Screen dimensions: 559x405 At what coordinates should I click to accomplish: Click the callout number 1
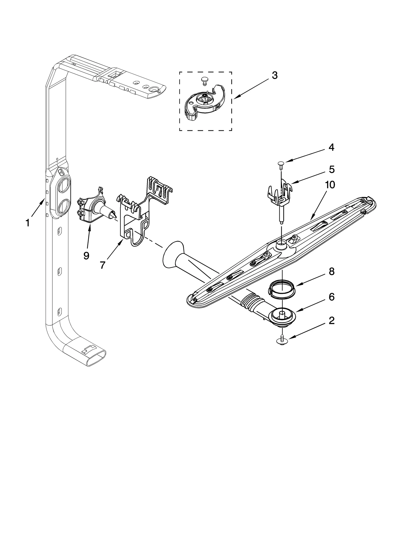(x=28, y=223)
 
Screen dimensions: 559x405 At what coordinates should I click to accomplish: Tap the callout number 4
(x=331, y=148)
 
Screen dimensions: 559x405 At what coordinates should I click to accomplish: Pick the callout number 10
(x=330, y=185)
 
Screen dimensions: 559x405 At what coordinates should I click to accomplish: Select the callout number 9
(x=86, y=256)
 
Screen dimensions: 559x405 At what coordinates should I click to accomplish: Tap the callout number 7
(x=102, y=265)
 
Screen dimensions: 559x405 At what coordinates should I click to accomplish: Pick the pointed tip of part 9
(x=114, y=215)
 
